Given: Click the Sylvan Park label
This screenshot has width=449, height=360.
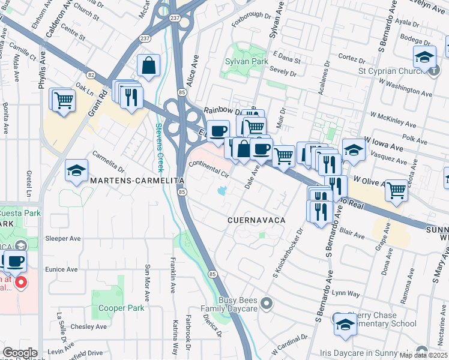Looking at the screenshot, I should (246, 61).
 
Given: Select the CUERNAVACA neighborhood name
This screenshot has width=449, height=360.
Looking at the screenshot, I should (255, 220).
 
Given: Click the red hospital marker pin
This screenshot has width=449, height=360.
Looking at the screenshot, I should (21, 282).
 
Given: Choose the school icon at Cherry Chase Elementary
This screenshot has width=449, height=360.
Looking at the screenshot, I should (345, 324).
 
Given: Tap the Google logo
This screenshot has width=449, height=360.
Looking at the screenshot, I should (19, 353).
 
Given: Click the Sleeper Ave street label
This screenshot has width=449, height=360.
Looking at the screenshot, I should (63, 238).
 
